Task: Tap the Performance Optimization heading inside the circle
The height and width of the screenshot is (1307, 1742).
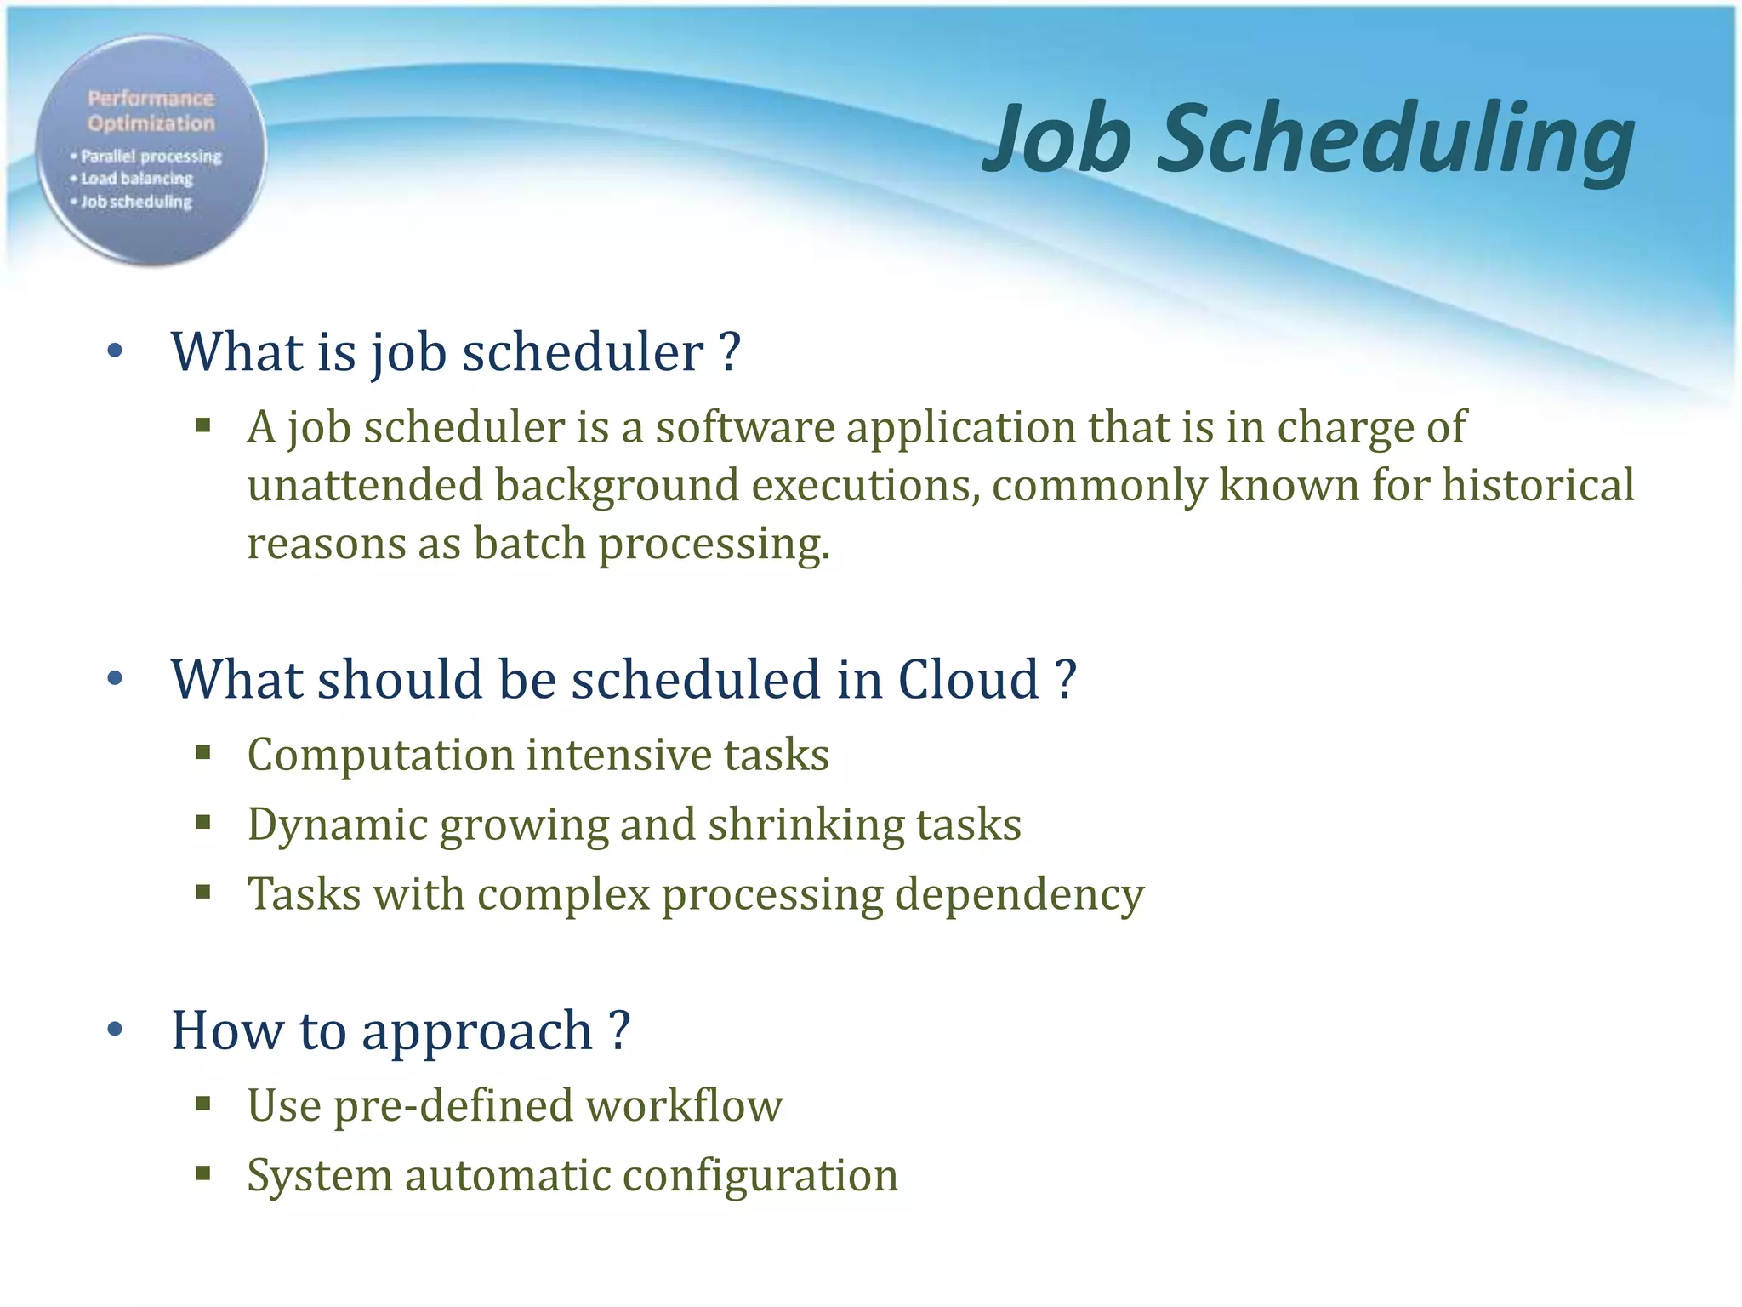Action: (151, 111)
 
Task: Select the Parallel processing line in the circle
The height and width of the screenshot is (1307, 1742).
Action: (150, 157)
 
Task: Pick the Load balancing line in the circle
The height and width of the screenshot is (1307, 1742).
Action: (136, 179)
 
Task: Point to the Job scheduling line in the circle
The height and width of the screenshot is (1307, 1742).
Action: (136, 202)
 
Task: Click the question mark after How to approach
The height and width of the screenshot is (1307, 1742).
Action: (620, 1030)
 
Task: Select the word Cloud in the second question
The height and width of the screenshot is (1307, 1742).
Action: (968, 680)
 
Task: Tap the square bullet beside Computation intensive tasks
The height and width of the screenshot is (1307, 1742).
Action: (202, 752)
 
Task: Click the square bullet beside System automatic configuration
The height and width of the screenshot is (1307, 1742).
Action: (202, 1174)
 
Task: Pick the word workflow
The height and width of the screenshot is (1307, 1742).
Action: (684, 1106)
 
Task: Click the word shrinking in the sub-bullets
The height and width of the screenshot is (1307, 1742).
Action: (805, 825)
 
